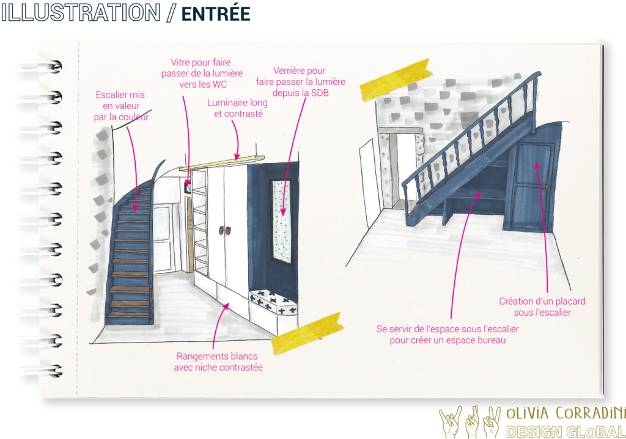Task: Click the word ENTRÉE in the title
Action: click(216, 13)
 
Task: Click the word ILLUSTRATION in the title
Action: click(80, 13)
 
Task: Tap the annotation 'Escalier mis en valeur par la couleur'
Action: click(121, 106)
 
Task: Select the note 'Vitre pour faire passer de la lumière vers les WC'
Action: click(202, 73)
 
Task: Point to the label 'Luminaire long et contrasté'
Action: click(238, 108)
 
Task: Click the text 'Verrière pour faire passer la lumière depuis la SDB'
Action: click(300, 82)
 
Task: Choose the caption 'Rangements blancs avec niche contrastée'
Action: click(218, 361)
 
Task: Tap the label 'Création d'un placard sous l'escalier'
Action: click(542, 307)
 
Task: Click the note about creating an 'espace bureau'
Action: click(447, 335)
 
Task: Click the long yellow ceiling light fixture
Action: click(222, 163)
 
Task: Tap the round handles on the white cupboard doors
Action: click(224, 230)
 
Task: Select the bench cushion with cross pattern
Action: click(273, 302)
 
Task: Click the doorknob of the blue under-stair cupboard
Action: click(548, 186)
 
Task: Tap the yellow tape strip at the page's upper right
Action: click(396, 80)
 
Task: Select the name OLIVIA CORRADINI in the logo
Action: click(565, 414)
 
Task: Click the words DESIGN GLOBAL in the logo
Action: click(565, 432)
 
